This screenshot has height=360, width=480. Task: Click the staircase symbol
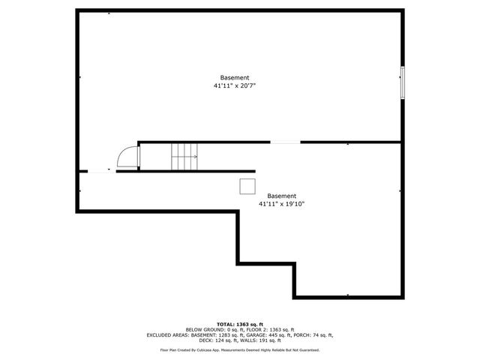coord(183,157)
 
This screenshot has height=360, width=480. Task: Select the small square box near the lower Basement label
coord(247,186)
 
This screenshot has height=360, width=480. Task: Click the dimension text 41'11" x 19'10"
coord(281,203)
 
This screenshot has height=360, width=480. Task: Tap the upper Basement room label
coord(235,78)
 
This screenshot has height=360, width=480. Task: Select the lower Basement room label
coord(281,196)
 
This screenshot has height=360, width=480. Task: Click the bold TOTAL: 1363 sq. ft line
coord(239,322)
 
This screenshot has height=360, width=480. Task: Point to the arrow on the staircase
coord(193,157)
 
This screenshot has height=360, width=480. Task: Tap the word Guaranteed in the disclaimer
coord(307,350)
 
